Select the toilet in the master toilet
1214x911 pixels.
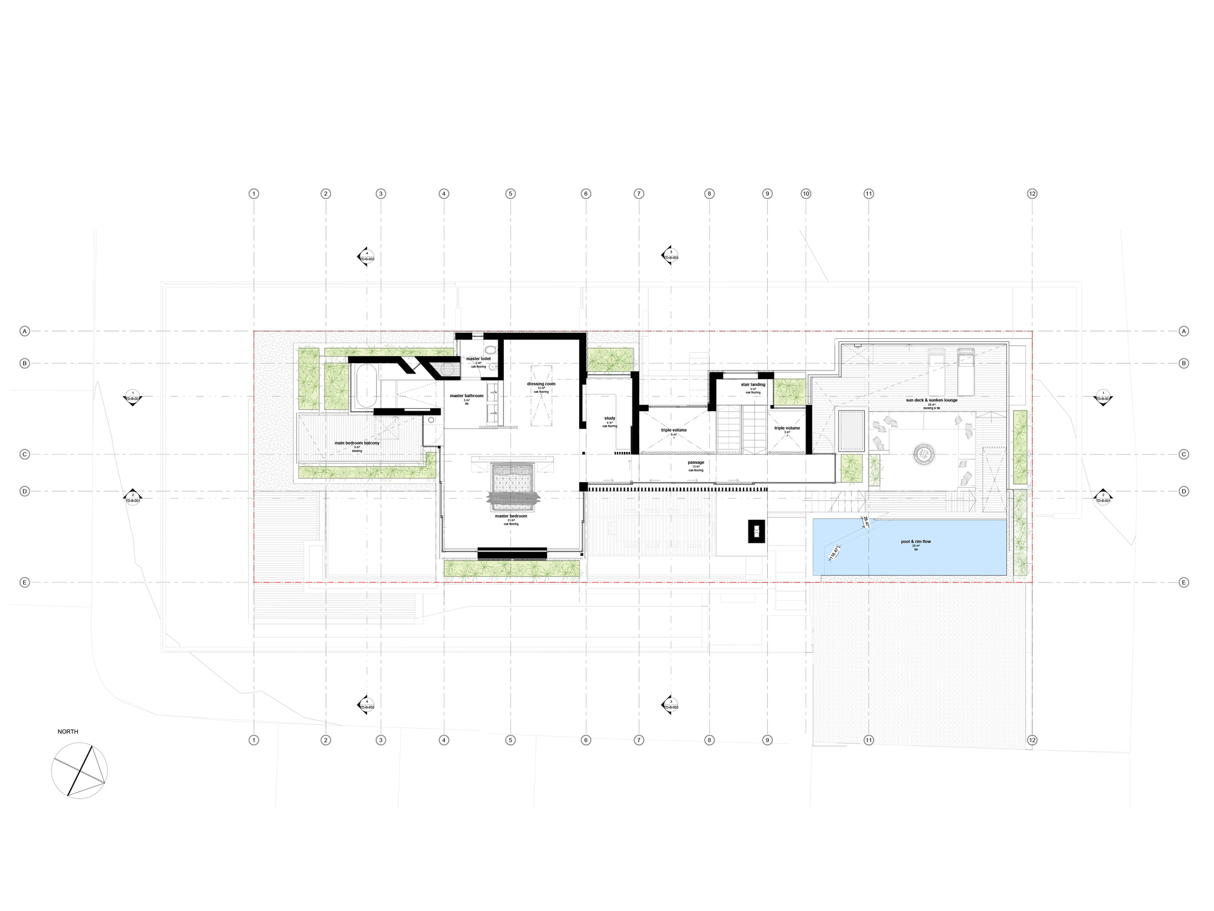490,350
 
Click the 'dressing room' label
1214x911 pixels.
541,384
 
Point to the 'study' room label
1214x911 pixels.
609,418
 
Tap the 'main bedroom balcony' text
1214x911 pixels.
357,443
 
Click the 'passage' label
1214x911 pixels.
696,462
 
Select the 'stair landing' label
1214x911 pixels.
753,384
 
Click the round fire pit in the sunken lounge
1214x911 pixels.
924,452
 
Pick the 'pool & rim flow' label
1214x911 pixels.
916,541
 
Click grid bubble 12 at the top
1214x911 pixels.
1032,194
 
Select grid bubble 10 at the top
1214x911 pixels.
805,194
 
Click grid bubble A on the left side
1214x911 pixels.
25,331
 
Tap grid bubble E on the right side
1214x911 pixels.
1184,582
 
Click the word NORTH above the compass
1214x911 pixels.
68,732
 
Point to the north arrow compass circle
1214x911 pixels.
80,770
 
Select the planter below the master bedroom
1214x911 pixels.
511,568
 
